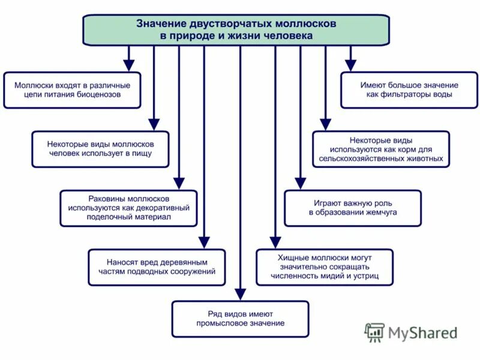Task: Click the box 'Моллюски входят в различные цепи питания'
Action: coord(72,90)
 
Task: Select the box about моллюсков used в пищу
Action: coord(100,149)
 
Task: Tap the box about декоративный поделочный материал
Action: coord(128,208)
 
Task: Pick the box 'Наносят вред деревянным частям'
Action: coord(157,266)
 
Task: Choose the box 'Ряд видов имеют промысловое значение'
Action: coord(240,319)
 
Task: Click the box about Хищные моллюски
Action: coord(324,266)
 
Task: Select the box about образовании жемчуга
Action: coord(353,208)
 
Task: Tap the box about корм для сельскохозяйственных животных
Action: coord(380,149)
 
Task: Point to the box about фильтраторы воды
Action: coord(409,90)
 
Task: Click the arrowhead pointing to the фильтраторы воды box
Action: coord(351,65)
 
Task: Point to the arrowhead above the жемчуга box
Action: coord(301,182)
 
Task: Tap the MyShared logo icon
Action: coord(375,332)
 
